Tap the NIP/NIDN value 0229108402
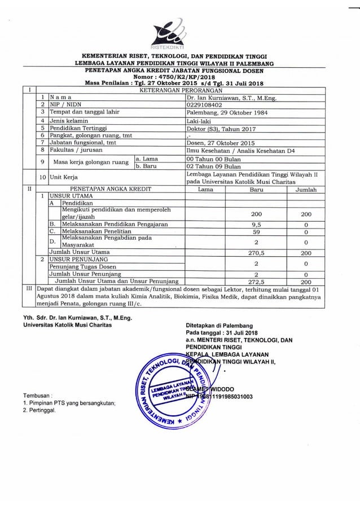204,105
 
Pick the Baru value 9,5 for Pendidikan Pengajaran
256,224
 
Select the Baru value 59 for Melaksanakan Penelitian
256,231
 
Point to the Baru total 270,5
256,252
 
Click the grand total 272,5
256,280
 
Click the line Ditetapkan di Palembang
219,326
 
